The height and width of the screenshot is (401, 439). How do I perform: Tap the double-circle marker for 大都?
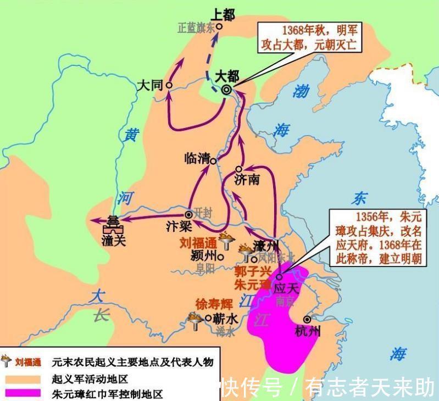click(x=226, y=91)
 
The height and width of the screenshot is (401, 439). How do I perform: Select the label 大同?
click(x=150, y=86)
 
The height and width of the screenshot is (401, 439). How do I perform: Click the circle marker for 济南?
click(x=238, y=169)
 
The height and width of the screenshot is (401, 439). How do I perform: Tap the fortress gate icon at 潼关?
click(x=113, y=226)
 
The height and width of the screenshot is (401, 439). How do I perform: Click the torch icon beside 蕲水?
click(x=194, y=319)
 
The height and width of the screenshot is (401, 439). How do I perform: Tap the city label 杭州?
click(x=308, y=331)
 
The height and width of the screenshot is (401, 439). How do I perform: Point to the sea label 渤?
click(x=301, y=91)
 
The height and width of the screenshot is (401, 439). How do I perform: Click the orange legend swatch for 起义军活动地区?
click(x=21, y=378)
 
